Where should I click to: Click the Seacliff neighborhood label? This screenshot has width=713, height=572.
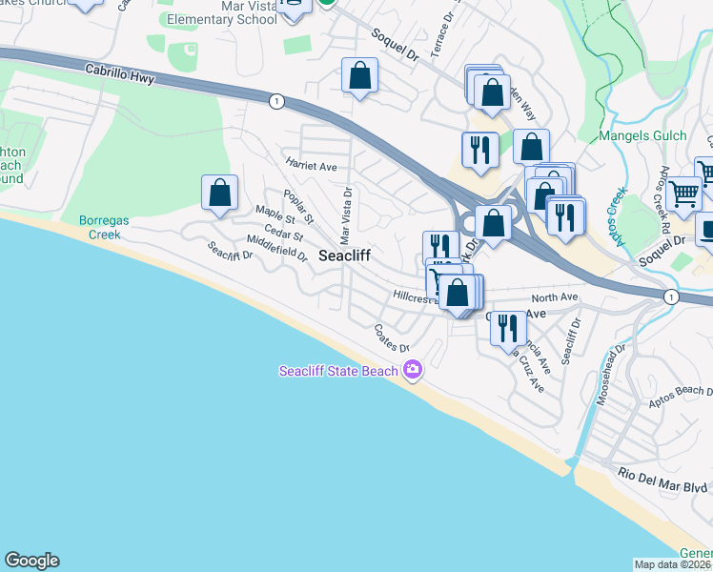[343, 255]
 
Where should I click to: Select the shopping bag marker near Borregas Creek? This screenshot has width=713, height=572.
[220, 193]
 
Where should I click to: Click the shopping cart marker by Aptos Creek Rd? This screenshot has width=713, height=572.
[683, 194]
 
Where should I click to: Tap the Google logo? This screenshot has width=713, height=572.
[31, 561]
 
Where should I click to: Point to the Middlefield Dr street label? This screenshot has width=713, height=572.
[276, 250]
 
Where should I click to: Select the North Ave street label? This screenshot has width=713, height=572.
[556, 297]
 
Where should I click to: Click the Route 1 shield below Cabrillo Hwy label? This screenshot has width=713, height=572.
[275, 100]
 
